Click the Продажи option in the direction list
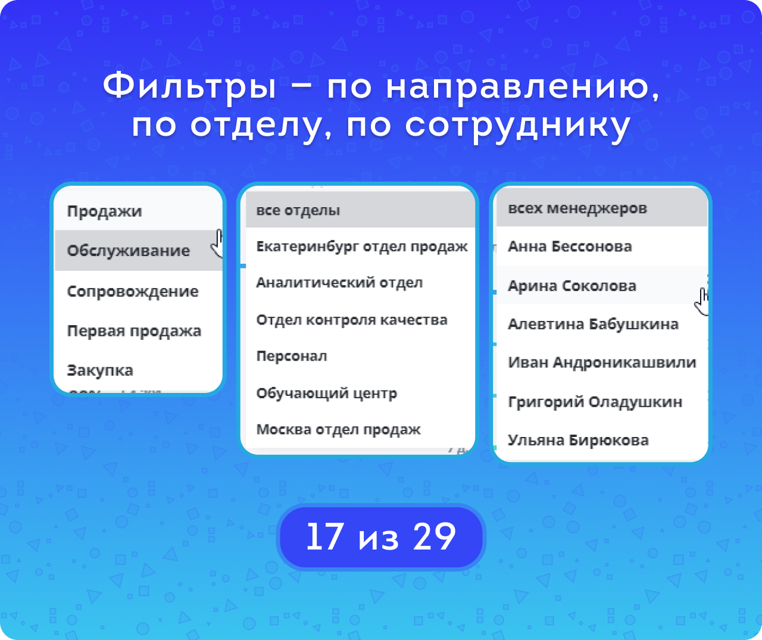pyautogui.click(x=104, y=212)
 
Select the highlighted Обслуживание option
pyautogui.click(x=129, y=251)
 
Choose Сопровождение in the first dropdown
pyautogui.click(x=133, y=291)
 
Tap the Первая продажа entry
pyautogui.click(x=134, y=331)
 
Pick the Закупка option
pyautogui.click(x=100, y=370)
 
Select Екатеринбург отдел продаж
pyautogui.click(x=362, y=247)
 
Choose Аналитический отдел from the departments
pyautogui.click(x=339, y=283)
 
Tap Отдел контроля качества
pyautogui.click(x=352, y=320)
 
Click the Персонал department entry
pyautogui.click(x=292, y=357)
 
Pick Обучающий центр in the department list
pyautogui.click(x=327, y=394)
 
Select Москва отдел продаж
pyautogui.click(x=338, y=430)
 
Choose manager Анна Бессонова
pyautogui.click(x=570, y=246)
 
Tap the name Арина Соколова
pyautogui.click(x=572, y=286)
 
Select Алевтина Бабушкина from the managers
pyautogui.click(x=593, y=324)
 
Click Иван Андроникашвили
pyautogui.click(x=602, y=363)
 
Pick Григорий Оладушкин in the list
pyautogui.click(x=595, y=402)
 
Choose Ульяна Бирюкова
pyautogui.click(x=578, y=441)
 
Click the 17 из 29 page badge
pyautogui.click(x=381, y=536)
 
